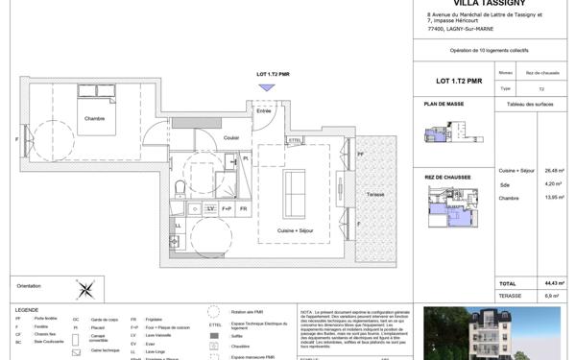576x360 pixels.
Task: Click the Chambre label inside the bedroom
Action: click(94, 118)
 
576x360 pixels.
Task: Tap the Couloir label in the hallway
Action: click(231, 138)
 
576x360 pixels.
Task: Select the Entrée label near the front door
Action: click(263, 111)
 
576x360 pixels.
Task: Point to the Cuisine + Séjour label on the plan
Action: click(299, 230)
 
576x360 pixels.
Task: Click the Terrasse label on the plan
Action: click(375, 194)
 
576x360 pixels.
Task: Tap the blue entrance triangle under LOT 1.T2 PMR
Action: click(267, 87)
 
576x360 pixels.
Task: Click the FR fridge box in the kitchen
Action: click(244, 208)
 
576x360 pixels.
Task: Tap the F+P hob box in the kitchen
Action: click(228, 208)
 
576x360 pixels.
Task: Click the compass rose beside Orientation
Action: click(86, 286)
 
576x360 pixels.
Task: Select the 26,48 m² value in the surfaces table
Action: click(553, 170)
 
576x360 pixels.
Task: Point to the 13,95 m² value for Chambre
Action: click(553, 197)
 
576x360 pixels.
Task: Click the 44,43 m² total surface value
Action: click(553, 283)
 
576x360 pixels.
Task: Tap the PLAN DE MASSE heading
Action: click(444, 103)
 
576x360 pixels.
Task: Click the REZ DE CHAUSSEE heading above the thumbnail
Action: click(447, 177)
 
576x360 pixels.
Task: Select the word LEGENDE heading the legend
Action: click(27, 310)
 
